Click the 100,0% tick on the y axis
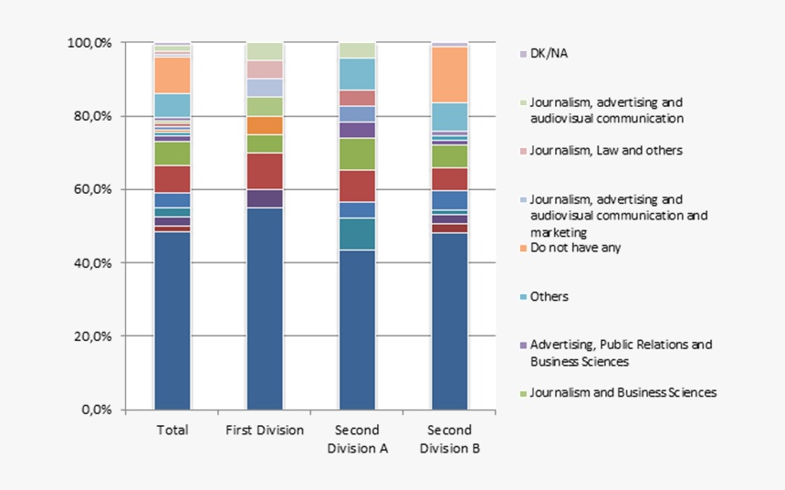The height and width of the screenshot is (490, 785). click(x=89, y=43)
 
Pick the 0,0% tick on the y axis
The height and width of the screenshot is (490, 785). click(x=96, y=409)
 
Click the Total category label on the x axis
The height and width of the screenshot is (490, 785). click(x=173, y=430)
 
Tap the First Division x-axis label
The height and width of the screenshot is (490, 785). click(x=265, y=430)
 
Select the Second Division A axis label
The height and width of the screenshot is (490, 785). click(x=357, y=439)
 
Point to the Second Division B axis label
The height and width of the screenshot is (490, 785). click(x=449, y=439)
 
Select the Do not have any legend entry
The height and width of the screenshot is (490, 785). click(x=575, y=248)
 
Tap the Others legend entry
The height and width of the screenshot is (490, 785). click(x=549, y=296)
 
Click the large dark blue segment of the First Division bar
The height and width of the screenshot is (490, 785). click(x=265, y=308)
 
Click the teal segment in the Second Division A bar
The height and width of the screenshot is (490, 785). click(x=357, y=234)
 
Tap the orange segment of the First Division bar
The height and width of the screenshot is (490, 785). click(x=265, y=125)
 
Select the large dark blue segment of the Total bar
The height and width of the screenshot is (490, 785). click(x=173, y=320)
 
